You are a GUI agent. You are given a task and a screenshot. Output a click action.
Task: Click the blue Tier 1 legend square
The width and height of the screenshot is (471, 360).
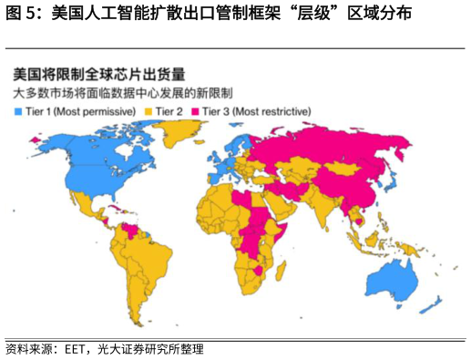pos(17,110)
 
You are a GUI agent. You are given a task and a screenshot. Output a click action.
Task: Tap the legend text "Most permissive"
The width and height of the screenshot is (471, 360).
pos(91,110)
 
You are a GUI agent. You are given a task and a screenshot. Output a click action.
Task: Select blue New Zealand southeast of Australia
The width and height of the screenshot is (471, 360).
pos(436,302)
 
